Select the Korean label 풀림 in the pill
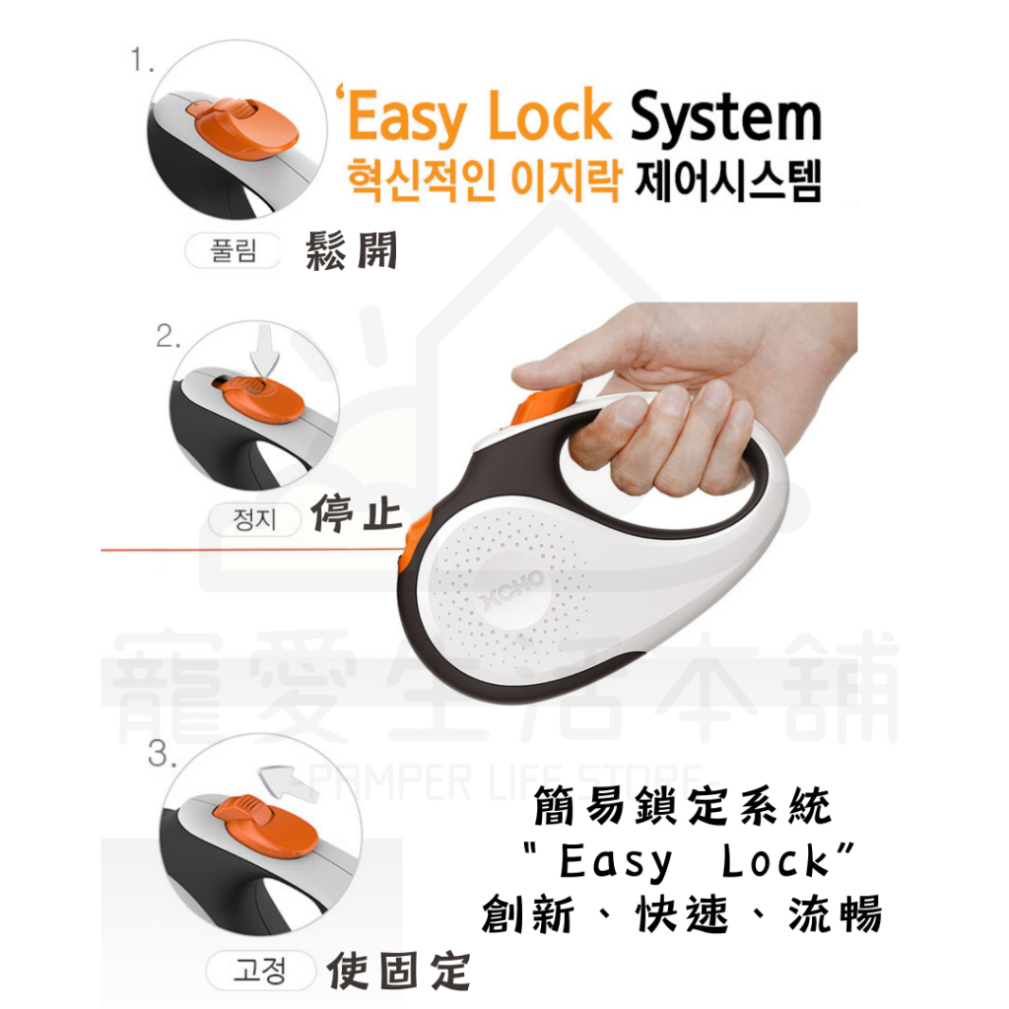[x=233, y=250]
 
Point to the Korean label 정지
[x=255, y=519]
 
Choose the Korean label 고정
[x=260, y=971]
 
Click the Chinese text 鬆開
[x=352, y=249]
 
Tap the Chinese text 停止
[x=357, y=512]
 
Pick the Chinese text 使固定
[x=398, y=971]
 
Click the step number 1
[x=142, y=60]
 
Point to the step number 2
[x=168, y=336]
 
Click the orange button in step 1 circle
[x=243, y=128]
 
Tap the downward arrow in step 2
[x=264, y=352]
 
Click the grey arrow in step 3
[x=287, y=781]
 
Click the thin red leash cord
[x=251, y=550]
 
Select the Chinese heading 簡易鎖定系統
[x=683, y=806]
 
